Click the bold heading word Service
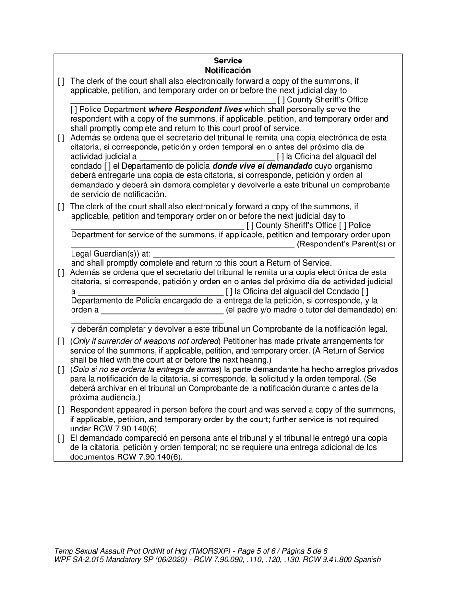pos(228,61)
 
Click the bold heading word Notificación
pos(228,70)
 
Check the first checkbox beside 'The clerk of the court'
pos(60,81)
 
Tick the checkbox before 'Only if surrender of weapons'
pos(60,342)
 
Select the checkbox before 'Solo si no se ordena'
pos(60,369)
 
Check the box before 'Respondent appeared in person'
pos(60,410)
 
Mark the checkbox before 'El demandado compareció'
pos(60,439)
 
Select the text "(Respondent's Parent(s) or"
pos(346,245)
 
